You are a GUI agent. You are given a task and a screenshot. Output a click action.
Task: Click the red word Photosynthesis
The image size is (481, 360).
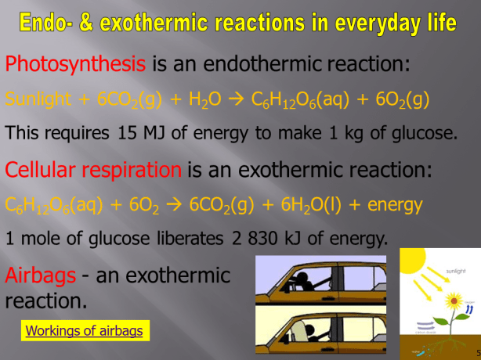click(x=75, y=62)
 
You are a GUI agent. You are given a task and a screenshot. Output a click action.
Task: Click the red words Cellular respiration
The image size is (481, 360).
click(x=93, y=168)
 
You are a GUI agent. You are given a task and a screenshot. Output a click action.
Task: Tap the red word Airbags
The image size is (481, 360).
click(x=40, y=275)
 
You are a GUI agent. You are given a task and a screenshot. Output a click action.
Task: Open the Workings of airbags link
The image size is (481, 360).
click(x=85, y=331)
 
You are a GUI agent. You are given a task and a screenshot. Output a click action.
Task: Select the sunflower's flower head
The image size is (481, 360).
click(x=452, y=301)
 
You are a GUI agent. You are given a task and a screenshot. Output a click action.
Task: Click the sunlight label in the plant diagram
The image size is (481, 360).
click(x=458, y=270)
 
